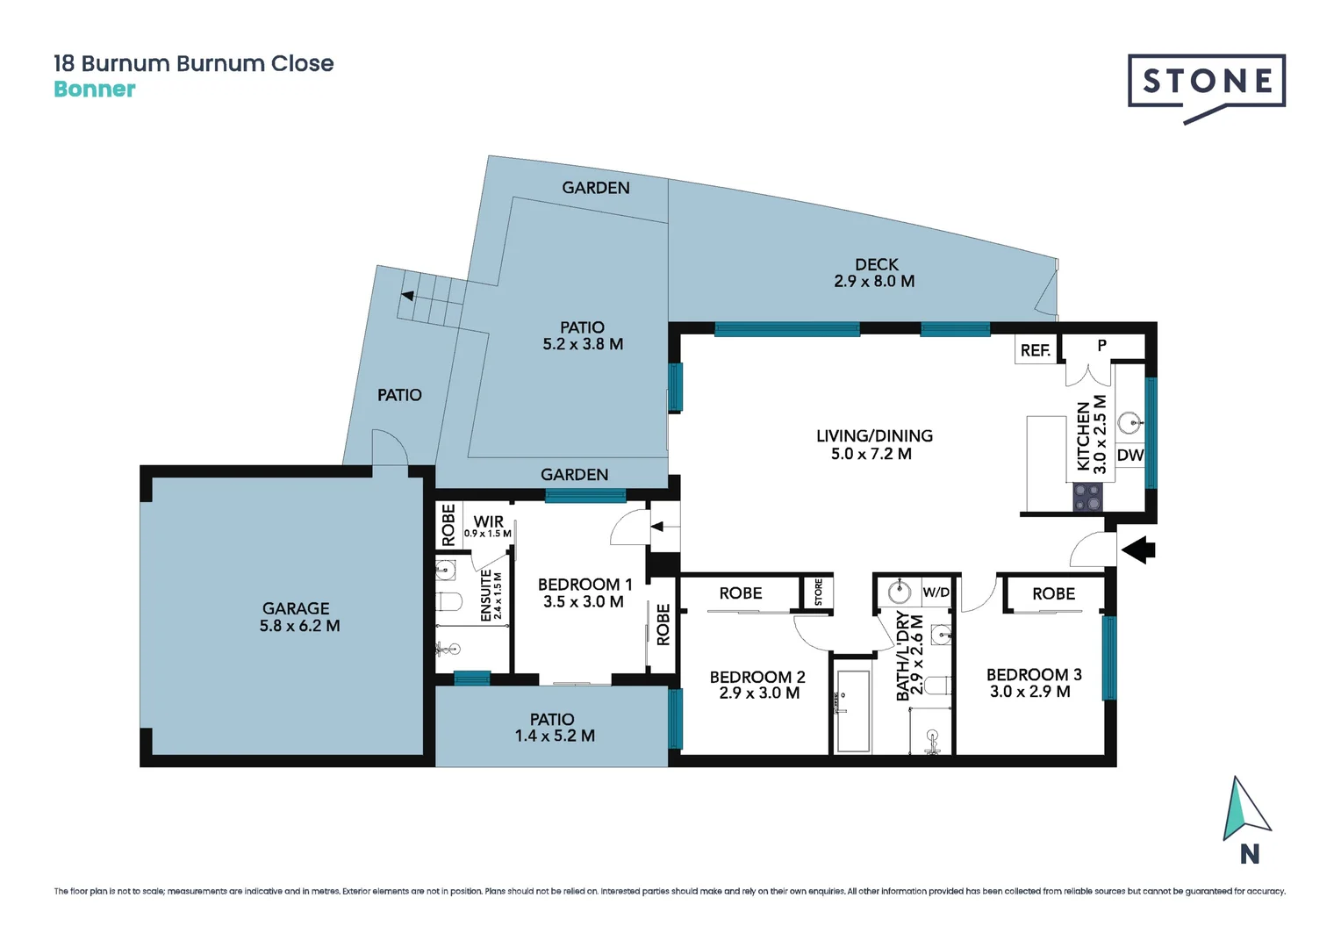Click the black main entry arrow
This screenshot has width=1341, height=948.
[1139, 550]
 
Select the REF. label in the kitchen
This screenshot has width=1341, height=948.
[1035, 350]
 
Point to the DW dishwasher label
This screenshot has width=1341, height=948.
[1129, 455]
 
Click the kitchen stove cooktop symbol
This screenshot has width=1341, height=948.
[1087, 498]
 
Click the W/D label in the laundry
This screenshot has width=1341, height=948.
[936, 592]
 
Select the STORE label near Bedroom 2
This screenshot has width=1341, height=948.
[818, 592]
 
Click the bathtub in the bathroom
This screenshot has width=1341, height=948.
[852, 711]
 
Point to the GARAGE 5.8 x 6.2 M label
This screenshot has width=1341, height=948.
[298, 617]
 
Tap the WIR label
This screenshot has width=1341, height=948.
[488, 521]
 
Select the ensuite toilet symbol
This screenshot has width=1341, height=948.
[449, 602]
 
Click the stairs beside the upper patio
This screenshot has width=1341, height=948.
[432, 298]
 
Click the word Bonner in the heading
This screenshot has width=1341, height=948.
[95, 90]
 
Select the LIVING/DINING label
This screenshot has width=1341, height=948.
[874, 444]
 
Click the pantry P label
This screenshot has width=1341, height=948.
[1101, 346]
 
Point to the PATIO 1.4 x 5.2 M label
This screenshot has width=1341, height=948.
[553, 728]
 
